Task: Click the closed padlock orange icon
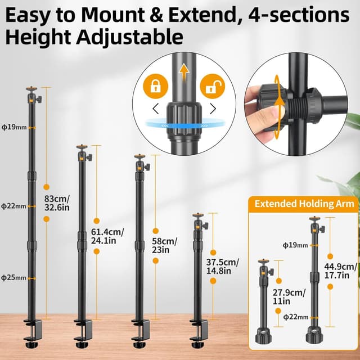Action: click(155, 85)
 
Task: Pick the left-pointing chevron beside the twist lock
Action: click(156, 108)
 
